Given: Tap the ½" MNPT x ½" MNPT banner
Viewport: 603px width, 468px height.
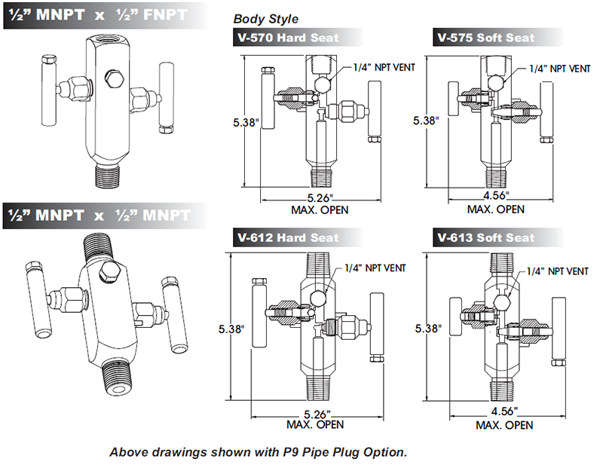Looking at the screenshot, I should click(x=98, y=215).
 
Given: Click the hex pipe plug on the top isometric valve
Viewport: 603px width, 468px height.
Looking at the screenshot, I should click(x=115, y=78).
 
